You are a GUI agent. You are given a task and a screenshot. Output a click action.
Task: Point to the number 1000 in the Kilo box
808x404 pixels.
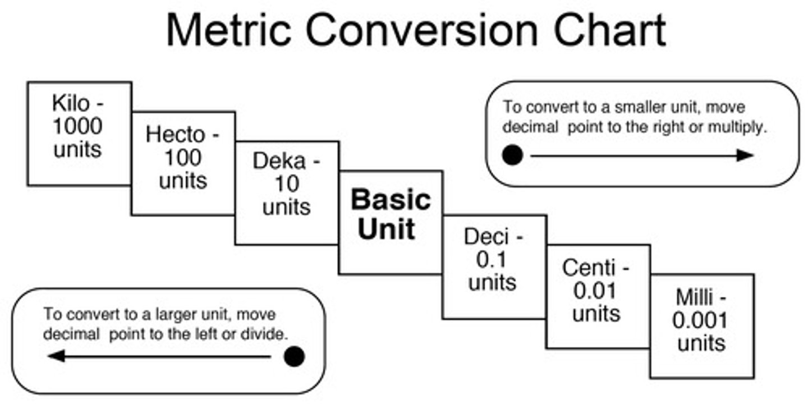[x=78, y=126]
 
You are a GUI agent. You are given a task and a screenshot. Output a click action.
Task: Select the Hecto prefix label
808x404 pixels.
[x=176, y=135]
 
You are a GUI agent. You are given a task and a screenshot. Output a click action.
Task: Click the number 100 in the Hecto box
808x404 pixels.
[x=183, y=158]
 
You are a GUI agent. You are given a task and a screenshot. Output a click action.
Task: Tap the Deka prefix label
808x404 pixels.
[x=280, y=161]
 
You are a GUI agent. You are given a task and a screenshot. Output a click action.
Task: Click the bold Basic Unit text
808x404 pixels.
[x=391, y=214]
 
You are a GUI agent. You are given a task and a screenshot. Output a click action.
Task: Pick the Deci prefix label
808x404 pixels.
[x=486, y=236]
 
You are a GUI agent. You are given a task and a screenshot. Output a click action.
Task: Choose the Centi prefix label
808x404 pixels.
[x=589, y=268]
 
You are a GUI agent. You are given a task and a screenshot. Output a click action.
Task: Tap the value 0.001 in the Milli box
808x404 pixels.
[x=700, y=320]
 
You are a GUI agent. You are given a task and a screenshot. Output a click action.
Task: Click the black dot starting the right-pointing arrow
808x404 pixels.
[x=512, y=155]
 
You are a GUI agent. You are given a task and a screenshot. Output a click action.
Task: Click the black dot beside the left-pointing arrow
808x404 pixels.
[x=294, y=356]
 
